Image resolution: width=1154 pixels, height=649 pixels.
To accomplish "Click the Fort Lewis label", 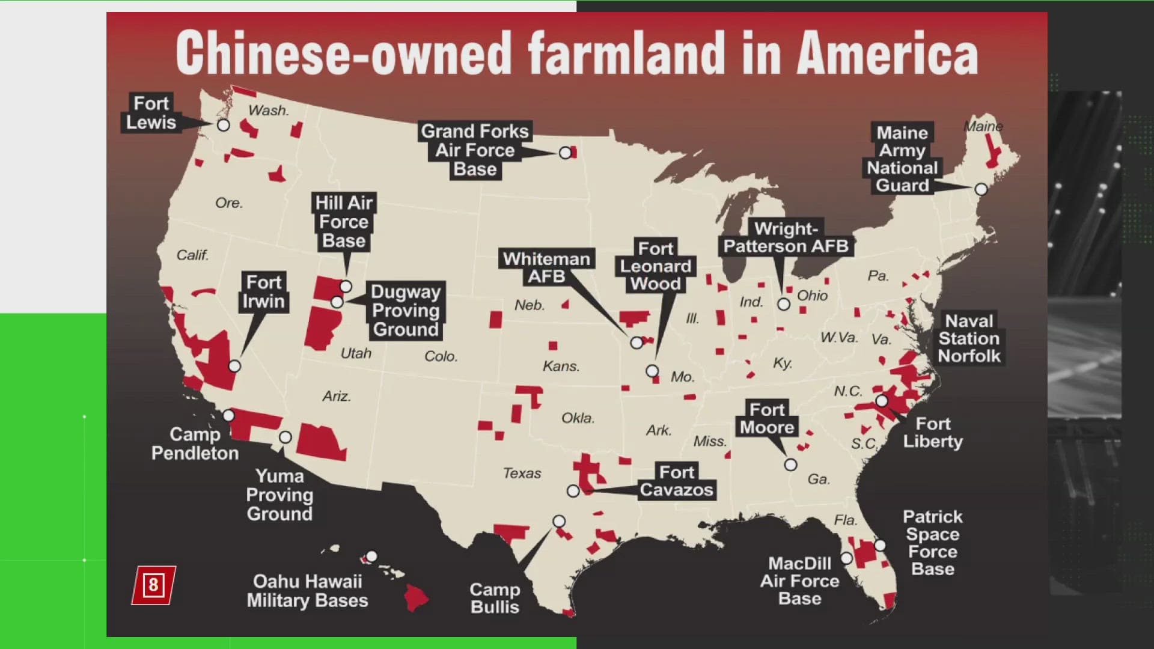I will click(151, 113).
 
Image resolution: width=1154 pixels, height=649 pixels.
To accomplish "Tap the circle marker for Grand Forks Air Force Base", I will click(565, 153).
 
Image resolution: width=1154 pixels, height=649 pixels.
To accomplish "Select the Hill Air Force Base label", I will click(344, 222).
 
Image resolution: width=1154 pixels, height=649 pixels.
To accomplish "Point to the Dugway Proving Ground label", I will click(406, 311).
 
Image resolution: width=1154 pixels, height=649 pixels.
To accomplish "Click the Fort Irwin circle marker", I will click(235, 366).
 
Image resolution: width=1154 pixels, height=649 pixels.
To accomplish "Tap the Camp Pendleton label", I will click(195, 443).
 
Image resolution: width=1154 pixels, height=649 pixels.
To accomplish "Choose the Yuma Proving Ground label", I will click(279, 495).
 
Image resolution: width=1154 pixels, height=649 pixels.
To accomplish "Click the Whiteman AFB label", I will click(546, 267).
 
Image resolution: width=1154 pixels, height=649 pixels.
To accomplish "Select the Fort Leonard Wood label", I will click(655, 266).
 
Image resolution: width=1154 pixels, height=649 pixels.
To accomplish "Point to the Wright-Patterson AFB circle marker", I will click(784, 304).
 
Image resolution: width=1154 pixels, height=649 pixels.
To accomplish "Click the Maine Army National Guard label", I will click(902, 159).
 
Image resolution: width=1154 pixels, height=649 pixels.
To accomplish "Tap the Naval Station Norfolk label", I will click(969, 338).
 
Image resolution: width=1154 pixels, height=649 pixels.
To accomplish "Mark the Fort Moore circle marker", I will click(791, 465).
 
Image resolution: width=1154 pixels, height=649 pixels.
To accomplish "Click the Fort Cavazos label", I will click(676, 481).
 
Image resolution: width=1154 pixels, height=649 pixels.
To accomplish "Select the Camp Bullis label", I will click(495, 598).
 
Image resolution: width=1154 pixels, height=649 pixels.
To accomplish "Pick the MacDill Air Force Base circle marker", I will click(846, 558).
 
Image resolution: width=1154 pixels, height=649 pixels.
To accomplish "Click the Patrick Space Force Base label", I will click(932, 543).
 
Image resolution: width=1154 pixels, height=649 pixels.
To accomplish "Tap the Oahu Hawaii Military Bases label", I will click(307, 591).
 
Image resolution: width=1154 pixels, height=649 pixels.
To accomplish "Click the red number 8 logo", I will click(153, 585).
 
